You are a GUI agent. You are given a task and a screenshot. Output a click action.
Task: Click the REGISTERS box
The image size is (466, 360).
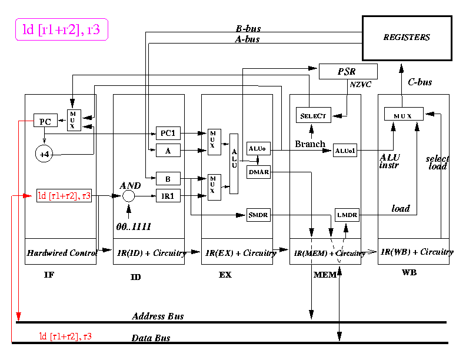point(407,38)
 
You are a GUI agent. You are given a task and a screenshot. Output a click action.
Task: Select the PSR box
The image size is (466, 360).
point(347,72)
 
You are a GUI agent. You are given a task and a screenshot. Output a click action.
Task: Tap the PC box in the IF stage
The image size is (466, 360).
point(45,121)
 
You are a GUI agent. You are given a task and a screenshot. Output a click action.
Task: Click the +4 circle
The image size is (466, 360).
point(45,154)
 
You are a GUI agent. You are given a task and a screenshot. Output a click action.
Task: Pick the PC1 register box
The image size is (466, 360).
point(168,133)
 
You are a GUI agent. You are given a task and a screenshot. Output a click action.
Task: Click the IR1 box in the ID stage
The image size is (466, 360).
point(168,196)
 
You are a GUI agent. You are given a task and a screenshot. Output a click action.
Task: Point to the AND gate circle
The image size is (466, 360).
point(129,196)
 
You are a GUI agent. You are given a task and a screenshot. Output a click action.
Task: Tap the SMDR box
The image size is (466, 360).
point(258,216)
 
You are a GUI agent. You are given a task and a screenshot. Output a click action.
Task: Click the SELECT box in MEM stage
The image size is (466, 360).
point(313,115)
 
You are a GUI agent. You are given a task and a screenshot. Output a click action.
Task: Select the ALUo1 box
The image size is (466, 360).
point(345,151)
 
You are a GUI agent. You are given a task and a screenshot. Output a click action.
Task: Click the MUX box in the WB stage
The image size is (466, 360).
point(404,114)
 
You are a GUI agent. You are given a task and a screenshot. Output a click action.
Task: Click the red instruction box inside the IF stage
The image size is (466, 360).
point(65,196)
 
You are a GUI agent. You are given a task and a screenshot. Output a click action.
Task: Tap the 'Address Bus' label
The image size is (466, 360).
point(158,316)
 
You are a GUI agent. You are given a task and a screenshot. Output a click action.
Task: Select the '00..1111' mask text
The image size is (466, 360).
point(134,226)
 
